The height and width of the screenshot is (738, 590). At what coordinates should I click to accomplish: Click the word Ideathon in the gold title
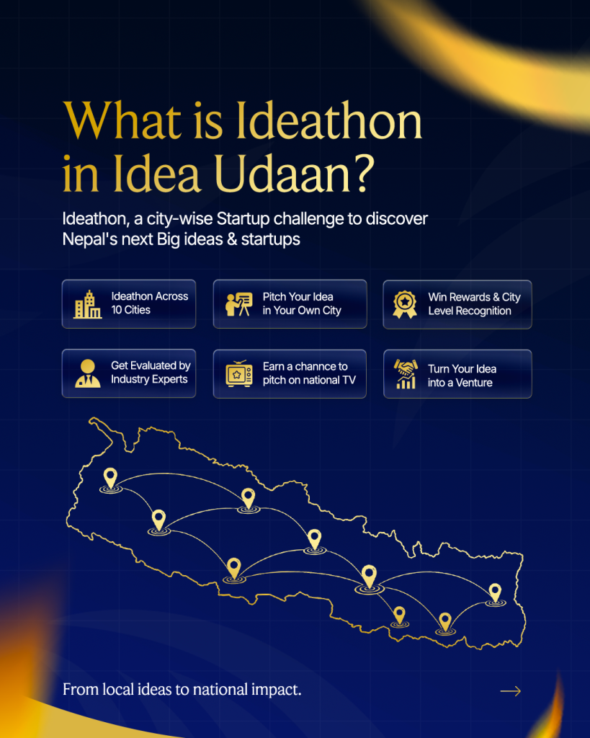click(x=329, y=120)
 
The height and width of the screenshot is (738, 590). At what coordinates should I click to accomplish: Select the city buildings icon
click(x=87, y=304)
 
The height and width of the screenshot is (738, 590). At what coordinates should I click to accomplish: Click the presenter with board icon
click(x=239, y=304)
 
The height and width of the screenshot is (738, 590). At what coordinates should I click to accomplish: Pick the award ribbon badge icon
click(x=405, y=305)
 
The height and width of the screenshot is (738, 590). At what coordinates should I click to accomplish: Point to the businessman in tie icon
click(x=87, y=374)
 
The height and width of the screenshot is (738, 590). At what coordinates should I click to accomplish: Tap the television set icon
click(x=239, y=374)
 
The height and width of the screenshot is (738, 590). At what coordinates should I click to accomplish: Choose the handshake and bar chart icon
click(x=406, y=374)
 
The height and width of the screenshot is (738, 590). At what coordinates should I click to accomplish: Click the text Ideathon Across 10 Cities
click(x=150, y=303)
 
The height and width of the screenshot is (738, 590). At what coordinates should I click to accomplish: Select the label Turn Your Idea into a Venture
click(x=462, y=375)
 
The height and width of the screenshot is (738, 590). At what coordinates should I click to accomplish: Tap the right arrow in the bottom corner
click(x=511, y=691)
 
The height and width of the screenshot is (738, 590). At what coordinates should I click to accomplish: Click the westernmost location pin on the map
click(x=110, y=480)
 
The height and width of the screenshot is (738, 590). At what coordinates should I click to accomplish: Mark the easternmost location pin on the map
click(x=495, y=595)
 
